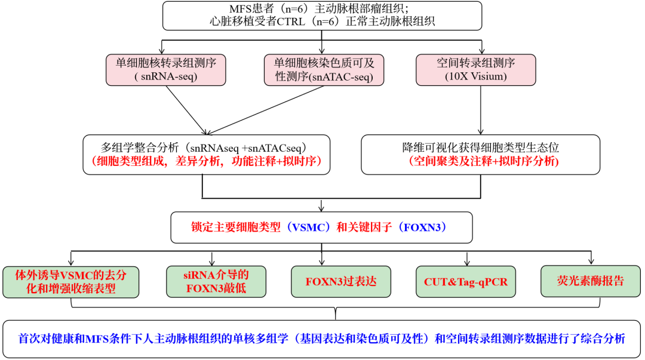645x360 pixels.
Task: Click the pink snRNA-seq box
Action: click(x=166, y=70)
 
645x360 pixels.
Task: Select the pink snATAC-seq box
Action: click(x=324, y=70)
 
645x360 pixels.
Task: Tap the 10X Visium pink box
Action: click(x=476, y=70)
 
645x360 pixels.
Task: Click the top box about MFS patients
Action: click(x=322, y=16)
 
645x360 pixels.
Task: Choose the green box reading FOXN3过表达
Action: click(x=341, y=281)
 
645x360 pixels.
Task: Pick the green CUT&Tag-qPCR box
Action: click(x=466, y=281)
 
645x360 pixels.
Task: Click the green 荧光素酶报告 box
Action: click(x=591, y=281)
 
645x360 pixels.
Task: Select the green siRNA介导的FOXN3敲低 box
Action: click(x=216, y=281)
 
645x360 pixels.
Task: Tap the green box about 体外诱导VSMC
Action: click(x=70, y=282)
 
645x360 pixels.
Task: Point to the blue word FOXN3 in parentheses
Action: click(x=422, y=227)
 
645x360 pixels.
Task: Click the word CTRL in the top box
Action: click(x=291, y=21)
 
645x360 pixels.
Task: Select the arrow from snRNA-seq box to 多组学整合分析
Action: click(x=186, y=110)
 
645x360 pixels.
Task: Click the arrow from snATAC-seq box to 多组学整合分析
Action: click(x=265, y=110)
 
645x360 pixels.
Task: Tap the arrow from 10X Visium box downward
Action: click(x=481, y=110)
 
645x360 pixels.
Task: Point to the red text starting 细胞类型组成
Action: click(x=206, y=161)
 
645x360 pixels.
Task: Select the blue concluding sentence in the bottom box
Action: click(x=322, y=339)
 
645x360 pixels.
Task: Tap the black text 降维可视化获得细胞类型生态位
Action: click(x=480, y=147)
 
